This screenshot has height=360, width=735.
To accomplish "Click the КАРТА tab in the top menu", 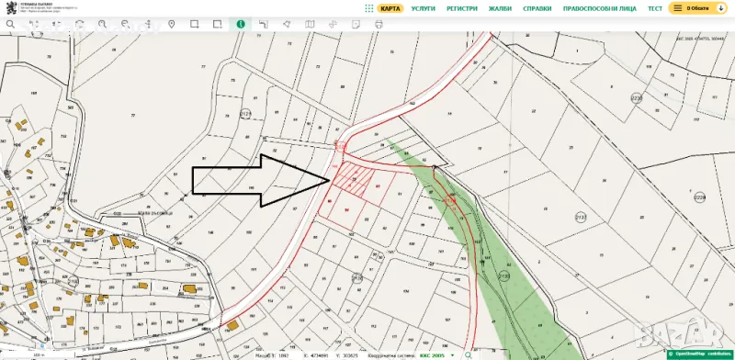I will click(390, 8).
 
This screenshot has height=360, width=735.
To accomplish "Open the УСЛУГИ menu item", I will click(423, 8).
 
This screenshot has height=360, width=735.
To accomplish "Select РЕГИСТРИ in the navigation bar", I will click(461, 8).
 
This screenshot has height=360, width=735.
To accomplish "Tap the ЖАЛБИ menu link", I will click(500, 8).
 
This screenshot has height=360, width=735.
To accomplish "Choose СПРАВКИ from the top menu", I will click(537, 8).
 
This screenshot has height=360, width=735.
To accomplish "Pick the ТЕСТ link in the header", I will click(654, 8).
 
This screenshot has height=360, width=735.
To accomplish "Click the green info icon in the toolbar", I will click(241, 24).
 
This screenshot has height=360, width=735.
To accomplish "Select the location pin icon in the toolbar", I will click(171, 24).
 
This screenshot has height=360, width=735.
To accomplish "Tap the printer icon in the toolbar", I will click(379, 24).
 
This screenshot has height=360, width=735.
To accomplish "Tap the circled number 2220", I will click(636, 97).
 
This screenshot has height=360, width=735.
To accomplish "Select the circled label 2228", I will click(699, 197).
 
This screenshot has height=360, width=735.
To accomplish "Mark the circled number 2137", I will click(581, 217).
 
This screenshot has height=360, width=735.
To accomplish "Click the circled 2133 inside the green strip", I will click(503, 276).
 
